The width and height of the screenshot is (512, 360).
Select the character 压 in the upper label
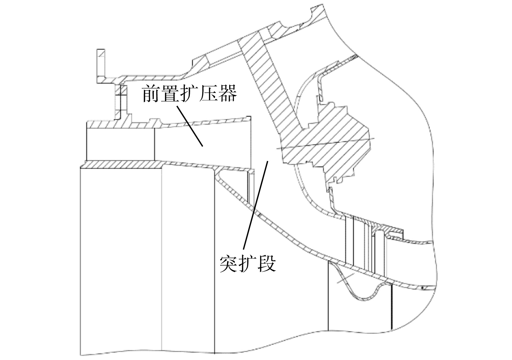[x=209, y=93]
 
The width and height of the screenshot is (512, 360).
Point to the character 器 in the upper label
[x=228, y=93]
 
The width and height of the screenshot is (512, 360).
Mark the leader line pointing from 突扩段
[x=256, y=204]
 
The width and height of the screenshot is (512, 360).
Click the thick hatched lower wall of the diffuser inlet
[x=121, y=164]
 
